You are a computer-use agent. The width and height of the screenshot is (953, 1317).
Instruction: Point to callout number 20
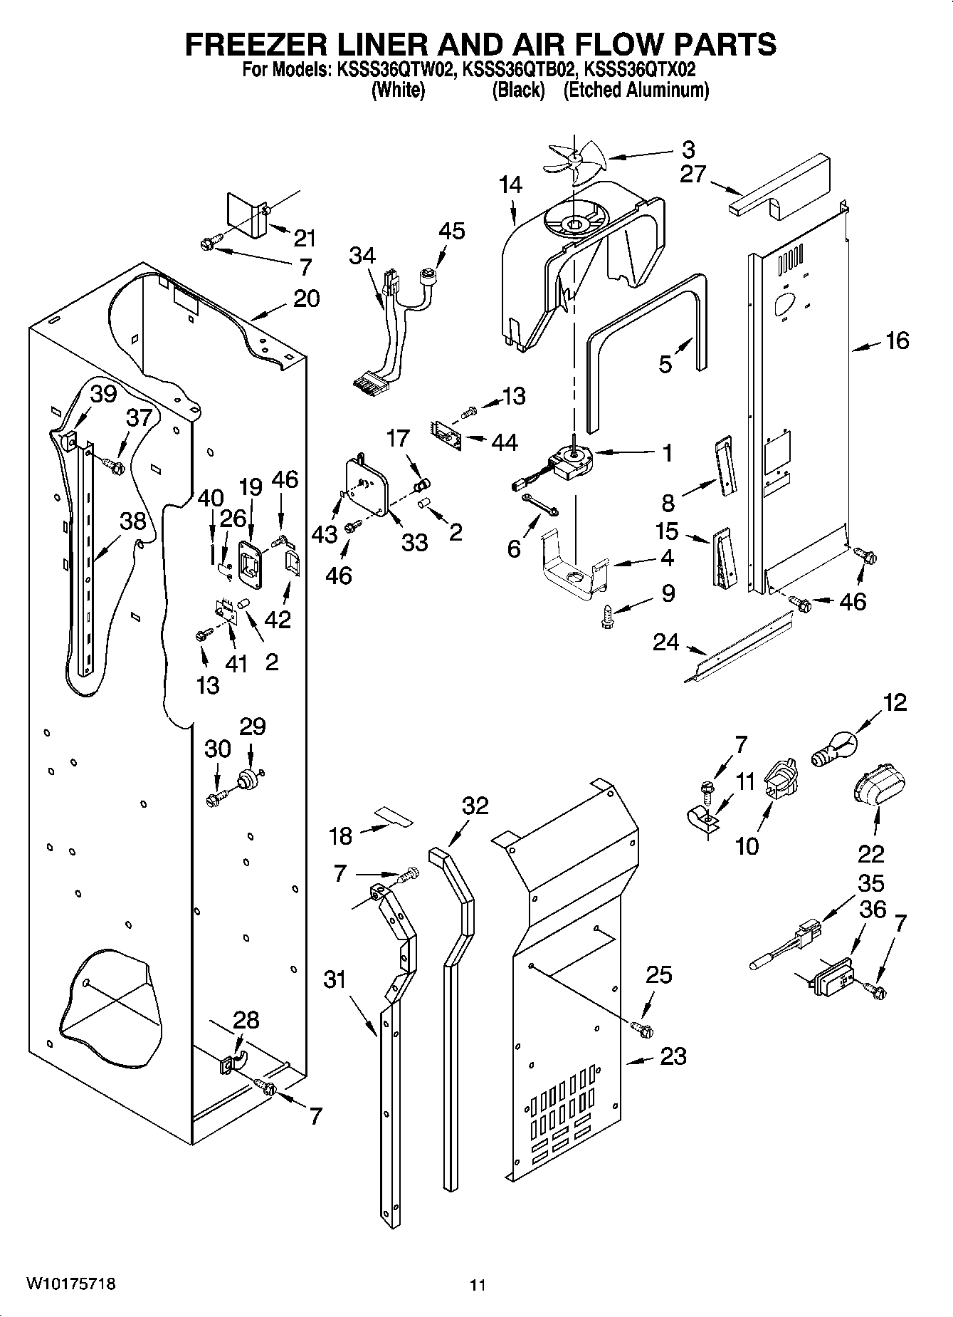point(306,298)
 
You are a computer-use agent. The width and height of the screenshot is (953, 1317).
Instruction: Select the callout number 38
point(132,521)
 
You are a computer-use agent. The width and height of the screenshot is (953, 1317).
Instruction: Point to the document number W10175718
point(70,1284)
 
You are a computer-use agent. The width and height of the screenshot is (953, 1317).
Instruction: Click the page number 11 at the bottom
point(478,1285)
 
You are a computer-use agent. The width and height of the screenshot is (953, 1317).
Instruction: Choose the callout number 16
point(897,340)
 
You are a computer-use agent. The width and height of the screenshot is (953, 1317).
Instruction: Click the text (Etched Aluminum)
point(636,90)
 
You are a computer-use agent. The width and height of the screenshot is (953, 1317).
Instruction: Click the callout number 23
point(673,1056)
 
